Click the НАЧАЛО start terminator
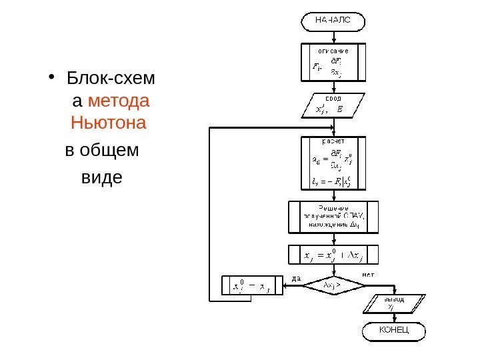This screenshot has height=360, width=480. pos(334,21)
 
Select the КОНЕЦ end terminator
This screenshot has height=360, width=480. pos(393,331)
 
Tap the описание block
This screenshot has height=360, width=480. pos(333,61)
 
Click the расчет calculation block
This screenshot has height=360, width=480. pos(333,163)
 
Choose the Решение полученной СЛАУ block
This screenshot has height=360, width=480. pos(333,217)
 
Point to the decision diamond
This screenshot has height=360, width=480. pos(334,285)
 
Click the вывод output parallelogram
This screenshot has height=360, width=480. pos(393,303)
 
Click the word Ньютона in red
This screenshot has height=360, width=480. pos(109,123)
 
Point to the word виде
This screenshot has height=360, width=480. pos(101,178)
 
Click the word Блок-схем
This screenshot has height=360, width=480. pos(111,81)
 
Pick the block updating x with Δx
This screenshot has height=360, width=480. pos(333,255)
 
